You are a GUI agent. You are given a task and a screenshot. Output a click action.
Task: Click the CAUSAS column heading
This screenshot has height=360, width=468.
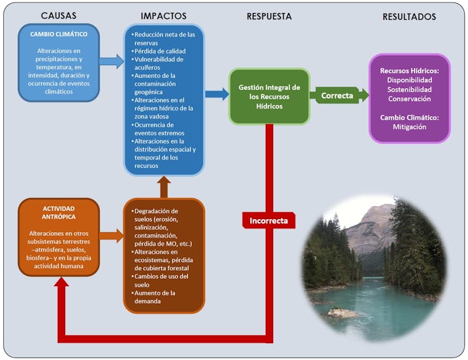[58, 16]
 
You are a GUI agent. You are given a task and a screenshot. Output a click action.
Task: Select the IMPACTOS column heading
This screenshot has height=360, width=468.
[163, 16]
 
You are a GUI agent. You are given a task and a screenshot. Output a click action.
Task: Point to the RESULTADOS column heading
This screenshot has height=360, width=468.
[408, 17]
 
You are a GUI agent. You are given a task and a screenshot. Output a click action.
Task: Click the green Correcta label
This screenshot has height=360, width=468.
[337, 96]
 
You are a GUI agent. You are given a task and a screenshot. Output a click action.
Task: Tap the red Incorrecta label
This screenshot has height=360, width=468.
[269, 220]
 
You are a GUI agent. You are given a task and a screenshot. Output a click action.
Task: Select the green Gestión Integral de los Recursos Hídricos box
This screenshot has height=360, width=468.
[269, 97]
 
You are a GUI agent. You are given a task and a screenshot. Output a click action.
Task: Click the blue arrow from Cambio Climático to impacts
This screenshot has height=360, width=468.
[112, 61]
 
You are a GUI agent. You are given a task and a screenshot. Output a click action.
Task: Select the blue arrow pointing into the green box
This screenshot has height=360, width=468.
[217, 94]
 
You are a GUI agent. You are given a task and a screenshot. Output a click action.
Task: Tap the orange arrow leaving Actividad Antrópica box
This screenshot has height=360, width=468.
[112, 235]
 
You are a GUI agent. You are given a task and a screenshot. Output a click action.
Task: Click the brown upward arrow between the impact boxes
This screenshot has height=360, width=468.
[163, 186]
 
